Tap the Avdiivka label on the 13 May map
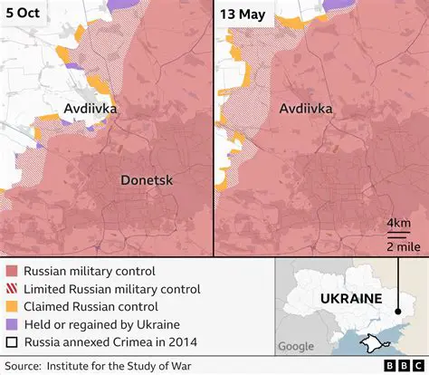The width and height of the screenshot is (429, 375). point(305,109)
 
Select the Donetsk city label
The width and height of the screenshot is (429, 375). point(147,181)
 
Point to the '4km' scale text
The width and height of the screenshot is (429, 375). point(397,223)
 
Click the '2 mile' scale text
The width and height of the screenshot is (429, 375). point(397,245)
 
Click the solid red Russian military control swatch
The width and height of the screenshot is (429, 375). point(11,271)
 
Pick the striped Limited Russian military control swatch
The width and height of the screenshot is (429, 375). point(11,288)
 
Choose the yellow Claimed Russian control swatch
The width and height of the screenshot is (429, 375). point(11,306)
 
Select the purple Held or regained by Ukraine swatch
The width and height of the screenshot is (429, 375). point(11,324)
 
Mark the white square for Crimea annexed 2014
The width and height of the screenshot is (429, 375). point(11,341)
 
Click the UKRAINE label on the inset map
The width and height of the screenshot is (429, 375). point(349,299)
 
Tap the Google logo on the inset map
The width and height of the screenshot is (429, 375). point(296,346)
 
